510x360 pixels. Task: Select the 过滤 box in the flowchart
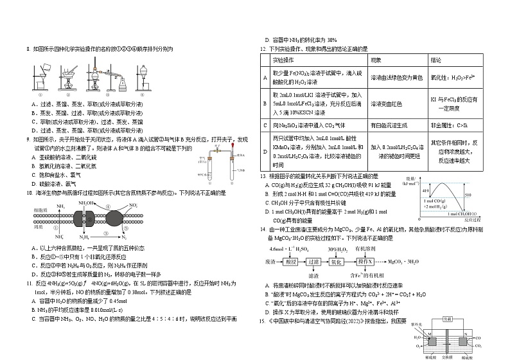[x=332, y=262]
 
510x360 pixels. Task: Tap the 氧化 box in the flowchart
[x=356, y=262]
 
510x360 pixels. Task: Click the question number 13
[x=263, y=176]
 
